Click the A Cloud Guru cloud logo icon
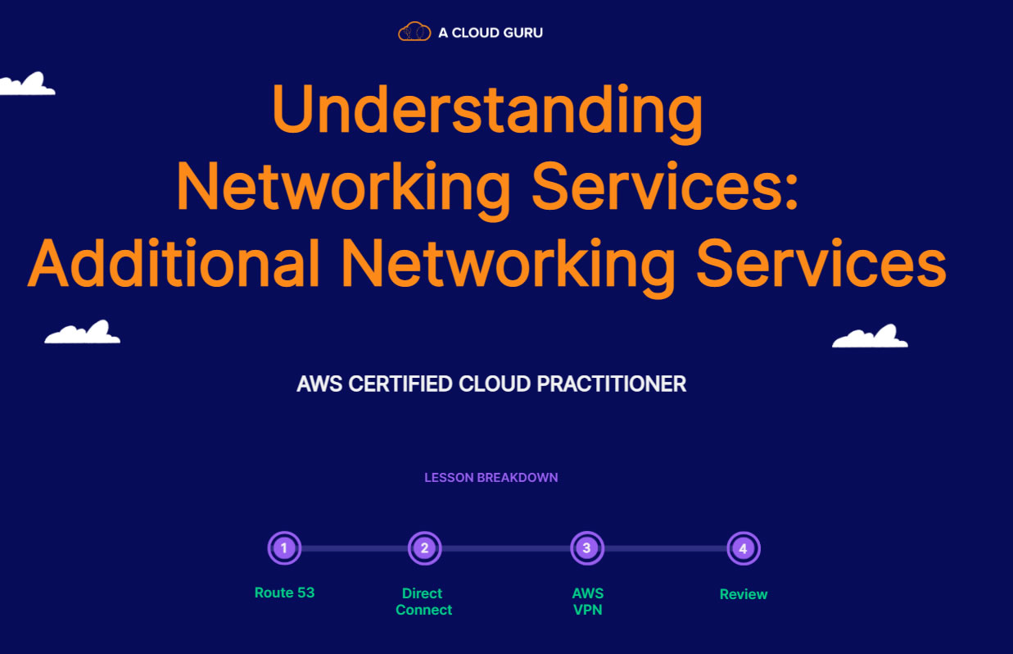click(414, 32)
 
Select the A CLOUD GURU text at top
click(491, 33)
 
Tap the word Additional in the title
click(174, 263)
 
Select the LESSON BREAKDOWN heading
click(491, 477)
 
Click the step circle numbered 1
click(284, 548)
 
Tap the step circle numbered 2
click(424, 548)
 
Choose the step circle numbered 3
click(586, 548)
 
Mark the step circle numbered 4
click(743, 548)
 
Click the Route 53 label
click(284, 593)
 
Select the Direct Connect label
click(423, 602)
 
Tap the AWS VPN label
click(588, 602)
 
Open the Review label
click(744, 594)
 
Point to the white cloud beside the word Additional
click(83, 333)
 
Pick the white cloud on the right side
click(870, 337)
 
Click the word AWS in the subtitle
click(320, 384)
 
